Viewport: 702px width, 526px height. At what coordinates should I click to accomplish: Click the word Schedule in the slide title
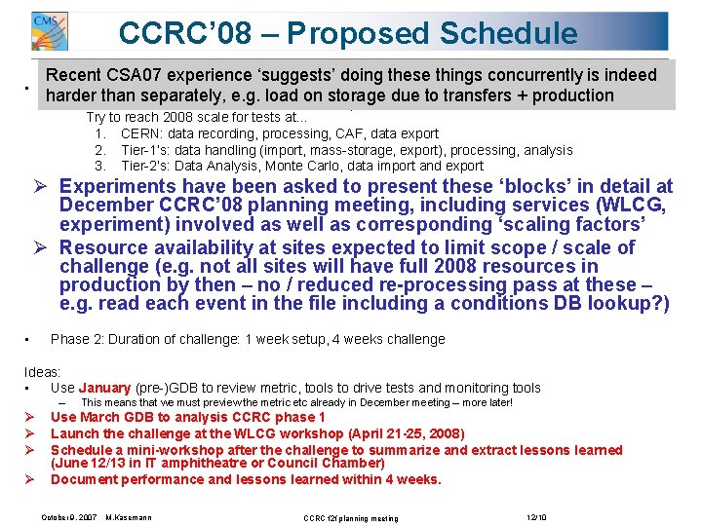[508, 33]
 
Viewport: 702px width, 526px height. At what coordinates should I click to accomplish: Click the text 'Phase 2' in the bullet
[74, 340]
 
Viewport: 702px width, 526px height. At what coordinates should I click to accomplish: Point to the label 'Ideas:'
[42, 372]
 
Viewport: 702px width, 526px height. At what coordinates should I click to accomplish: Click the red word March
[97, 418]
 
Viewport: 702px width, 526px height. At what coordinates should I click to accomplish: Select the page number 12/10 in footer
[537, 516]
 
